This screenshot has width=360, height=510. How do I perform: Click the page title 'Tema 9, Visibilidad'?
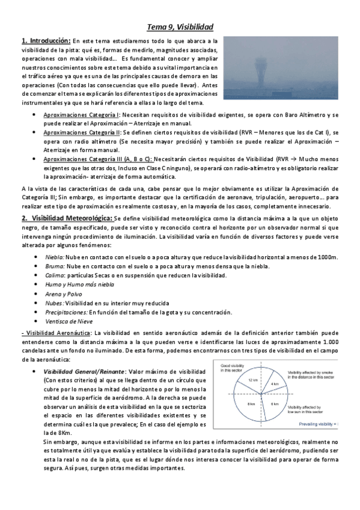180,27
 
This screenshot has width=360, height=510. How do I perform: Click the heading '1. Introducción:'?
46,40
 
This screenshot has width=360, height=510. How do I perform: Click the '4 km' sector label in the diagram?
274,383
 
